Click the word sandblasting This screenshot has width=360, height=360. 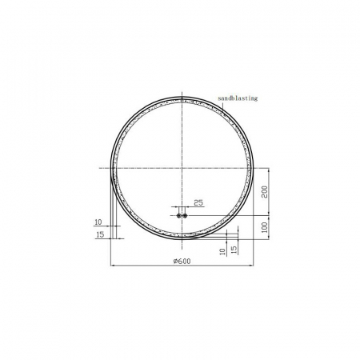(x=238, y=98)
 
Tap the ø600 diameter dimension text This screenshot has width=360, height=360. (x=182, y=262)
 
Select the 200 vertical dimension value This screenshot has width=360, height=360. (x=265, y=192)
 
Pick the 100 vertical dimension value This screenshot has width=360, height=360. (x=265, y=227)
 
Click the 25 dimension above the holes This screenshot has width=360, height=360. (x=198, y=203)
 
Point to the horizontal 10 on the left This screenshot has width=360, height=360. (x=98, y=222)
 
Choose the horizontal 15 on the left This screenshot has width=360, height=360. (x=100, y=234)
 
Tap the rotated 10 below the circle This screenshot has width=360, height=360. (x=222, y=250)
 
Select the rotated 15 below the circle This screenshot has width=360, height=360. (x=234, y=250)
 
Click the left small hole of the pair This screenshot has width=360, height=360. (x=178, y=215)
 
